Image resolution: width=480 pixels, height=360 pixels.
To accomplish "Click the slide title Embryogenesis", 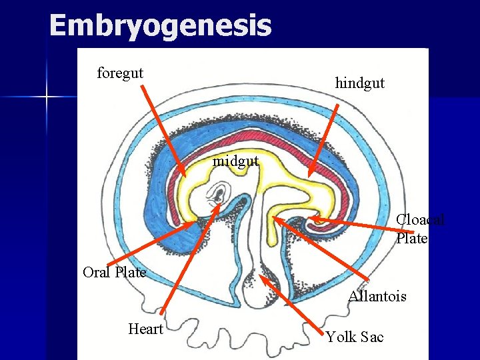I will click(x=160, y=27).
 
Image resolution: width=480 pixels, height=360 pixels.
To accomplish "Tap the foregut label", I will click(x=120, y=73).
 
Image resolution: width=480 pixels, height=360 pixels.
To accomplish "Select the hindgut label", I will click(x=359, y=83).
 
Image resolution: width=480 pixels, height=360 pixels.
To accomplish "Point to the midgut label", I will click(x=235, y=161).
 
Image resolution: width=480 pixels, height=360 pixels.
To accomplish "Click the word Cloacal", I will click(x=420, y=220).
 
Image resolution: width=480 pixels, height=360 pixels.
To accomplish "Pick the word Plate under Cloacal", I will click(x=411, y=238).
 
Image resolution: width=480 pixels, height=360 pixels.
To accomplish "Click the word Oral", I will click(x=97, y=272).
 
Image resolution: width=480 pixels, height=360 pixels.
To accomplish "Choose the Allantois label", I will click(x=377, y=296).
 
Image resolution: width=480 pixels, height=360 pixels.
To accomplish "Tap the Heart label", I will click(x=145, y=329).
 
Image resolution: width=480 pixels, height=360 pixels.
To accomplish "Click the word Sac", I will click(x=373, y=337).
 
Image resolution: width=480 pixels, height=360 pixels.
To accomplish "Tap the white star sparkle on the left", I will click(x=47, y=98).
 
